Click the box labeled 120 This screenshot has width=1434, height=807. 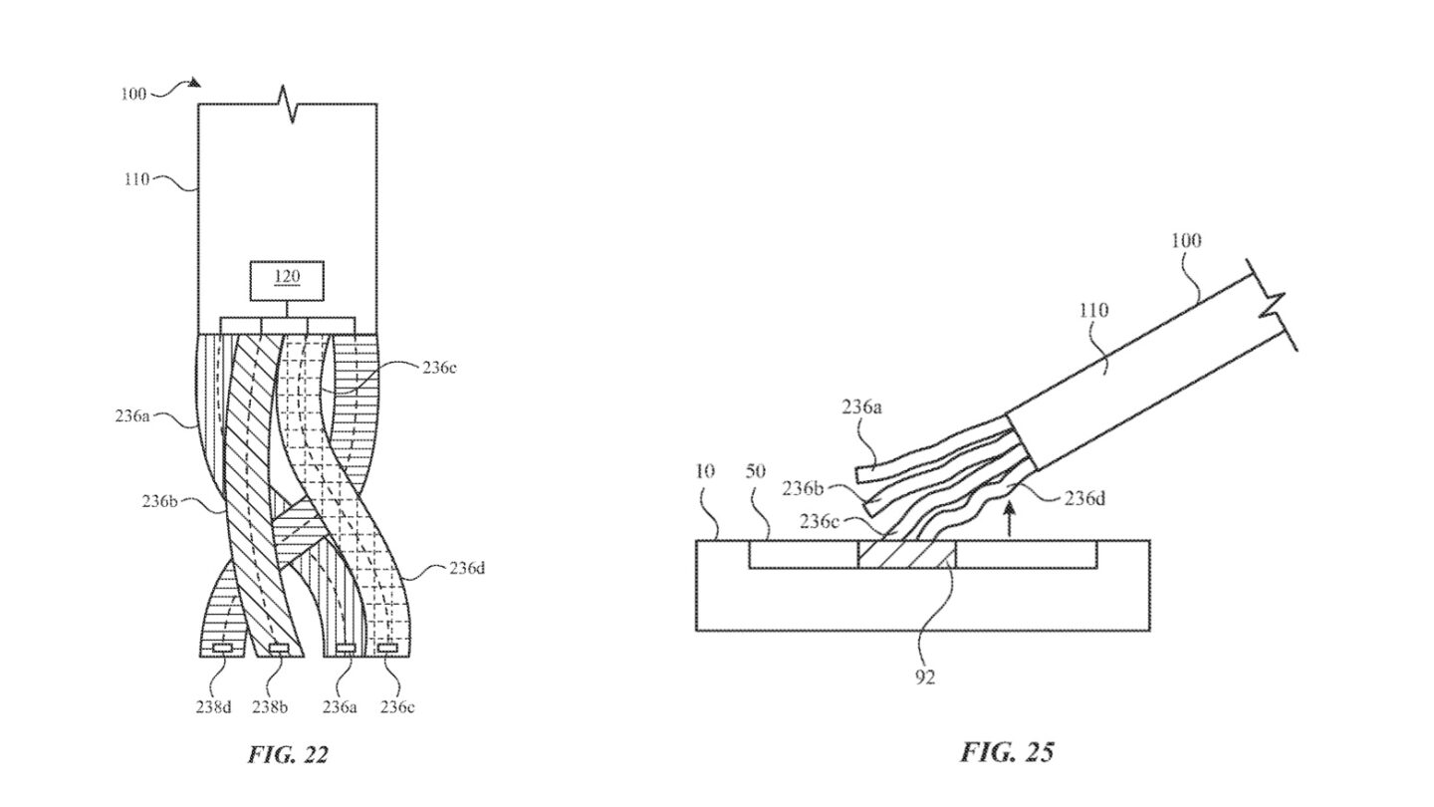point(287,280)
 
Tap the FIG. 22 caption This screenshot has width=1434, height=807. point(287,754)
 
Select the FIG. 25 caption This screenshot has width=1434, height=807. point(1006,751)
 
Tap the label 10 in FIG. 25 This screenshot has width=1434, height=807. point(704,471)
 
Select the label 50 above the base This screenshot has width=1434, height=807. point(756,471)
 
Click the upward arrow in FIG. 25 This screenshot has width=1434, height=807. point(1012,517)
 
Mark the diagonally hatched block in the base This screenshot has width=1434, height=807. point(906,555)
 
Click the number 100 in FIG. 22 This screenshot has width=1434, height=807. point(132,94)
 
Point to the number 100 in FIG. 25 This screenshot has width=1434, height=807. point(1186,240)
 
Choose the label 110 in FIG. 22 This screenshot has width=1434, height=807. point(136,179)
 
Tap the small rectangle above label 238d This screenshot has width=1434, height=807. point(223,650)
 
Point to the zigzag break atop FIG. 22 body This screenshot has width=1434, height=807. point(288,105)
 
